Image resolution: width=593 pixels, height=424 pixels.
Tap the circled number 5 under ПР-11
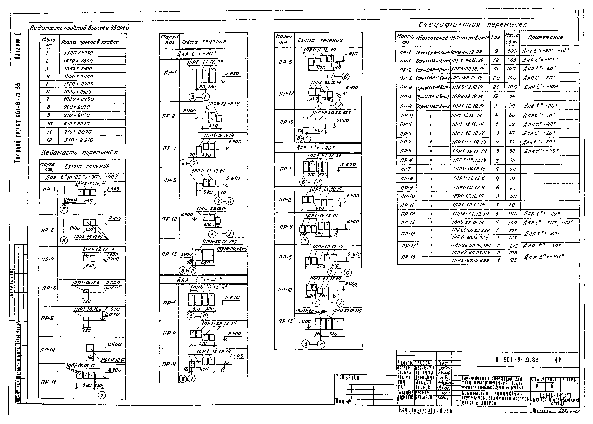pos(102,395)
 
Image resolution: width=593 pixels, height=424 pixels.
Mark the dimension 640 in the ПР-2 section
pos(320,208)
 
